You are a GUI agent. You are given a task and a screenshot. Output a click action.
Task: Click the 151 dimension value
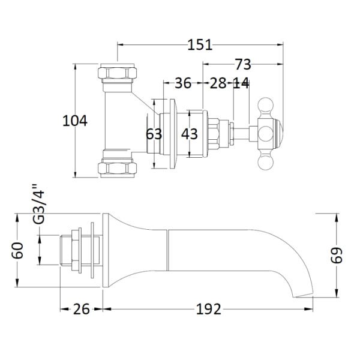(200, 45)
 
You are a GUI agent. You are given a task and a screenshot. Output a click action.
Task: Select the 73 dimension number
(243, 64)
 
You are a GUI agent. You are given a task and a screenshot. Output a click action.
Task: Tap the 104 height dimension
(75, 121)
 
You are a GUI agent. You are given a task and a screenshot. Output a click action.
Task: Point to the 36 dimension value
(183, 83)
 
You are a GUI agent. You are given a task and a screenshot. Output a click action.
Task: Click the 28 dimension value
(218, 83)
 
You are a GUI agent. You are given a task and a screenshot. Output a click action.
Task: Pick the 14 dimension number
(241, 83)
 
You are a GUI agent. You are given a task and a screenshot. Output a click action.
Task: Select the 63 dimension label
(154, 134)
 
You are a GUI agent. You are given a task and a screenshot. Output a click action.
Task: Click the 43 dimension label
(190, 134)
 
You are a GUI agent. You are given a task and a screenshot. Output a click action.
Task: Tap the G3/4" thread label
(38, 204)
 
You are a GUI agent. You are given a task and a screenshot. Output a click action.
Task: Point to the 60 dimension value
(17, 250)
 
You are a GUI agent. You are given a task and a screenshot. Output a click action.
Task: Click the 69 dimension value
(337, 255)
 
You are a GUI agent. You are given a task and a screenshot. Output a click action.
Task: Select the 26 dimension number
(81, 309)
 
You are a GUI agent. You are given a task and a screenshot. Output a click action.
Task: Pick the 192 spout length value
(208, 309)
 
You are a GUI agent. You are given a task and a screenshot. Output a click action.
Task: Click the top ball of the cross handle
(266, 105)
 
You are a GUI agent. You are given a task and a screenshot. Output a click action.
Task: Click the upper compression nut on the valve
(118, 73)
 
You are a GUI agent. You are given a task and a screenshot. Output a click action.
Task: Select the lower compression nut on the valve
(118, 168)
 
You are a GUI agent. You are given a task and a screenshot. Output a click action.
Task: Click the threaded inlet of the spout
(66, 250)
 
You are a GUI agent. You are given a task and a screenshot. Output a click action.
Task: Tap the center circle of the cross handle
(266, 134)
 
